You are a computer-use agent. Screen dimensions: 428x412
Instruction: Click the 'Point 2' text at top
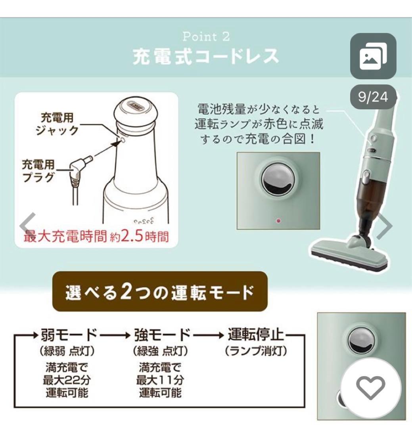point(206,37)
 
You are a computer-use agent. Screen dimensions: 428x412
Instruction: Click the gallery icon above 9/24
point(373,56)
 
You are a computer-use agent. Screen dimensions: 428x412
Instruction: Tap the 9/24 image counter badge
point(373,97)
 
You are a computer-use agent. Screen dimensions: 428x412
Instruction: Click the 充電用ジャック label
point(60,124)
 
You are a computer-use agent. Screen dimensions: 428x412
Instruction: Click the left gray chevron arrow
point(29,225)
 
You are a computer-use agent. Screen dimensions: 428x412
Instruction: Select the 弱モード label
point(69,336)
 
